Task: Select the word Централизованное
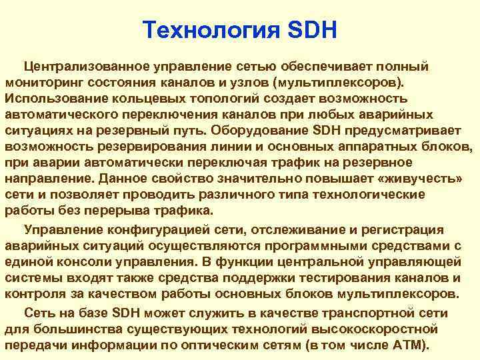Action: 88,67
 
